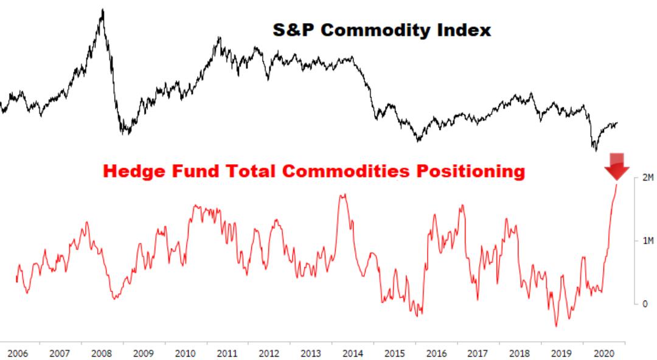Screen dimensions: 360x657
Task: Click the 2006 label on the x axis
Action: (x=18, y=353)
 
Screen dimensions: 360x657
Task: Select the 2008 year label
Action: (x=100, y=353)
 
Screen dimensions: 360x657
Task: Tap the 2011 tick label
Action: (x=226, y=353)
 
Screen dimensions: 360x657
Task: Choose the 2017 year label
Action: (x=478, y=353)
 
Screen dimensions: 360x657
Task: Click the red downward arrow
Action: (x=617, y=166)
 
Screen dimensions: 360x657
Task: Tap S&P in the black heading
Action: (x=293, y=30)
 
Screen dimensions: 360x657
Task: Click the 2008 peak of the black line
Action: (x=102, y=10)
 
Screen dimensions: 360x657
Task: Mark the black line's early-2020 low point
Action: (x=594, y=150)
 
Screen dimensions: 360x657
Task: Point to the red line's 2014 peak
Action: (x=343, y=195)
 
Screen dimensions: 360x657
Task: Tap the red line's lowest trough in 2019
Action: (x=555, y=326)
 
